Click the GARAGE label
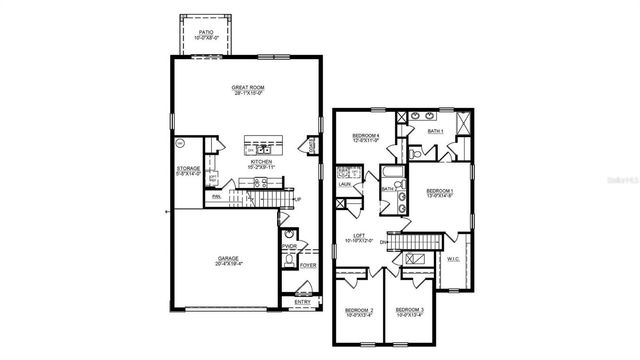[x=229, y=258]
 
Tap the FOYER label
[x=307, y=266]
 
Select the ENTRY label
[x=301, y=300]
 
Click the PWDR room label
[x=289, y=246]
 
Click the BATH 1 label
[x=436, y=131]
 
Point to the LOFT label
[x=360, y=238]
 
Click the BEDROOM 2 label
[x=359, y=311]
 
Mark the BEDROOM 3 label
[x=409, y=311]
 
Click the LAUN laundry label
[x=343, y=185]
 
